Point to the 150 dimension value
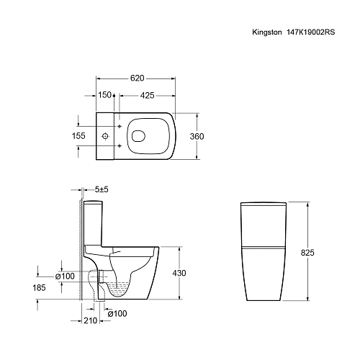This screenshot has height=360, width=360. pos(104,94)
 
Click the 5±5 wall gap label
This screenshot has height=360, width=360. pos(102,189)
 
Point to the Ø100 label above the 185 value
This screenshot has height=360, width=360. pos(66,276)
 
